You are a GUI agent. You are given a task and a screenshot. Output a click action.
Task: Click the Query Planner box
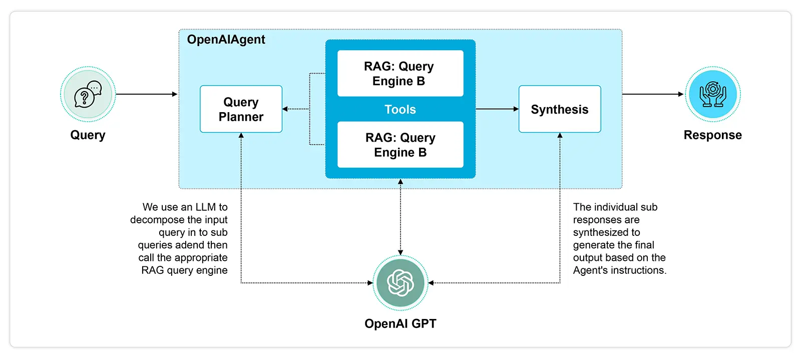coord(241,109)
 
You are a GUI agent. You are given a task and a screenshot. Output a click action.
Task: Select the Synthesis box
coord(560,109)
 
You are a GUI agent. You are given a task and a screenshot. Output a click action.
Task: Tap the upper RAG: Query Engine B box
coord(400,73)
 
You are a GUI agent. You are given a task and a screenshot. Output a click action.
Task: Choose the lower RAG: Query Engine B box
coord(400,144)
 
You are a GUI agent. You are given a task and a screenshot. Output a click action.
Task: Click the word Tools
coord(400,109)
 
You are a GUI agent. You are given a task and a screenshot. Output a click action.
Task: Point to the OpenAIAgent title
coord(226,40)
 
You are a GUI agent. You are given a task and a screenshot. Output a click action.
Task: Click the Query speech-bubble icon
coord(88,94)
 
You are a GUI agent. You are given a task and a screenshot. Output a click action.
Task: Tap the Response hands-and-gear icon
coord(713,94)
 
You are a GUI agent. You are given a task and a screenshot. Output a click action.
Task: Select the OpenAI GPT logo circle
coord(400,283)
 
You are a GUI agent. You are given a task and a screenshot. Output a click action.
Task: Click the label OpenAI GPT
coord(400,323)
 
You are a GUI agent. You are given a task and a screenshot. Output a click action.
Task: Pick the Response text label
coord(713,135)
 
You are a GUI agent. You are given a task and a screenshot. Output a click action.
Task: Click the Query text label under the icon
coord(88,135)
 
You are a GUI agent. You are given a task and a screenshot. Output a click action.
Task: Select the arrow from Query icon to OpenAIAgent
coord(147,94)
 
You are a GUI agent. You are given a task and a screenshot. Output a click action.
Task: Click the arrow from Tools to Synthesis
coord(498,109)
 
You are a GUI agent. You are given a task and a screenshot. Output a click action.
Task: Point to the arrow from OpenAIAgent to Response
coord(653,94)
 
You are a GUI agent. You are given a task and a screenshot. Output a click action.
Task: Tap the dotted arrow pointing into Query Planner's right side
coord(296,109)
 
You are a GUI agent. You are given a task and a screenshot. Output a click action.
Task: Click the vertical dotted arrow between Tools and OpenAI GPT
coord(400,217)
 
